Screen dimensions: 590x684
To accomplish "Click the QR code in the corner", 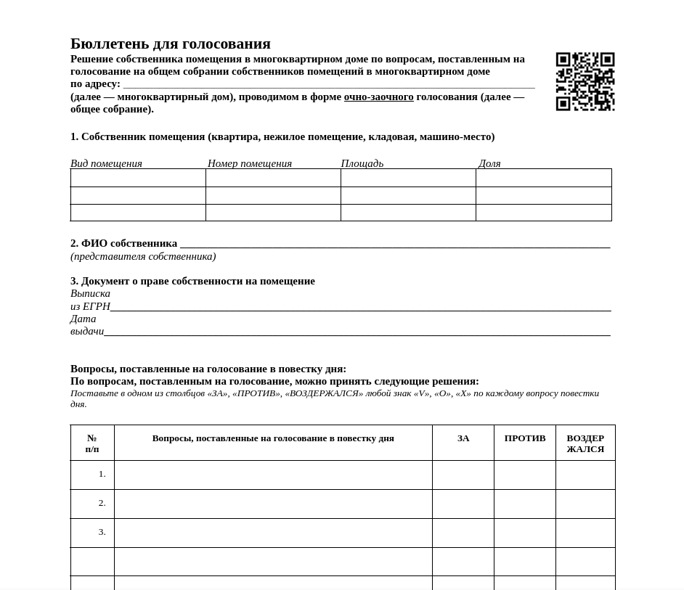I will (585, 81).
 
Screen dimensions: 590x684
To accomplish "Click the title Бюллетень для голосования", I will (171, 44).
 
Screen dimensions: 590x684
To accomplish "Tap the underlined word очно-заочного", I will (378, 97).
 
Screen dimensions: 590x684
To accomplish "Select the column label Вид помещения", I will (106, 163).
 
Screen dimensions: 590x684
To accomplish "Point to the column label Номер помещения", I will (250, 163).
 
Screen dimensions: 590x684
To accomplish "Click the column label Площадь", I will (362, 163).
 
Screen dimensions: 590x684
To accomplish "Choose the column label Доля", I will (489, 163).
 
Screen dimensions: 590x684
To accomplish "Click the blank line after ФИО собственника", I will (395, 245).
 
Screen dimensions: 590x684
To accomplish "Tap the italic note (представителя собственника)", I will (143, 256).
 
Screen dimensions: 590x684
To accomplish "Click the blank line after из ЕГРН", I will (360, 308).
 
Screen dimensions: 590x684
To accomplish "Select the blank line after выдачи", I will (357, 332).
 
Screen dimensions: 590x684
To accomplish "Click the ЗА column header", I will (463, 438).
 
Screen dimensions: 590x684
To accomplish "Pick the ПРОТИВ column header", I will (525, 438).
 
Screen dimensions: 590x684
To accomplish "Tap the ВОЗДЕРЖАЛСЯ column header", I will (585, 443).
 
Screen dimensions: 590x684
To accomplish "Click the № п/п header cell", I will (92, 443).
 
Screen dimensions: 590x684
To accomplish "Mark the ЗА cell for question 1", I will (463, 475).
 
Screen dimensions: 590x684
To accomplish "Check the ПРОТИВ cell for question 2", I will (525, 504).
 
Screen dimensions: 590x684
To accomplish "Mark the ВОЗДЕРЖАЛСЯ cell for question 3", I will (585, 533).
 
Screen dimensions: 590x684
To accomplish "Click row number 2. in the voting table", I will (102, 503).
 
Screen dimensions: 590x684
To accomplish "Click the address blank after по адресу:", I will (329, 84).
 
